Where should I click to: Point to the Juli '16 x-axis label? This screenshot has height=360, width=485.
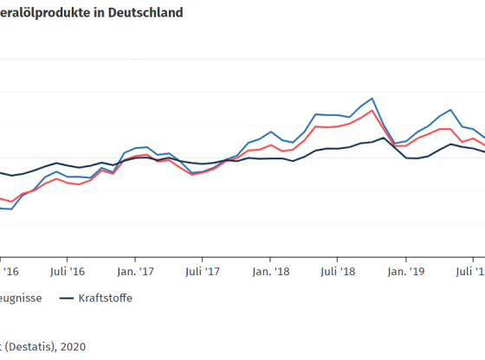67,269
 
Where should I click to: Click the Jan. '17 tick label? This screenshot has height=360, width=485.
134,269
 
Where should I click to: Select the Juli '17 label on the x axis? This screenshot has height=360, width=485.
201,269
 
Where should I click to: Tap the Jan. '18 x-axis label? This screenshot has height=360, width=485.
270,269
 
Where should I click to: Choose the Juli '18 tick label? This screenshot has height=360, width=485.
337,269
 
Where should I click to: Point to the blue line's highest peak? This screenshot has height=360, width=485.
372,98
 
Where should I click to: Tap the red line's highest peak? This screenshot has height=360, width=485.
372,110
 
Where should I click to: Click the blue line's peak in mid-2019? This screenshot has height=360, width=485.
450,110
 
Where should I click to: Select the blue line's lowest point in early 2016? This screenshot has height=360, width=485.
11,209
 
